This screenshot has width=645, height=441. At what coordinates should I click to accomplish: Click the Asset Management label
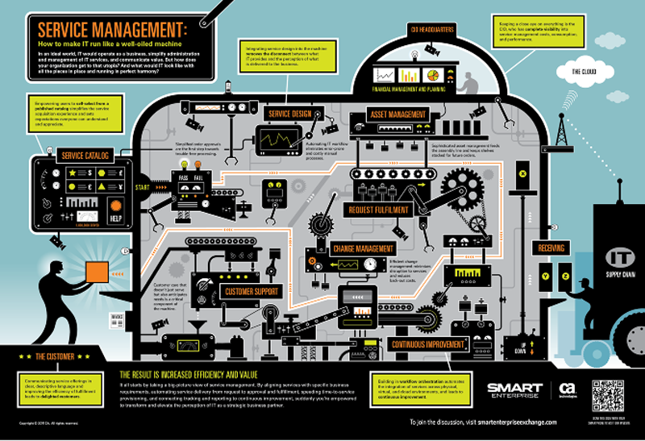397,114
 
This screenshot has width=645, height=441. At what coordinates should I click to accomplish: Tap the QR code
606,394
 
